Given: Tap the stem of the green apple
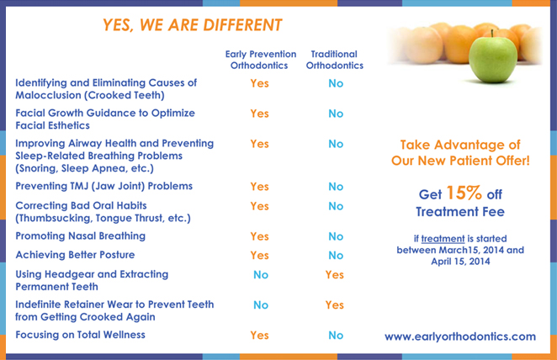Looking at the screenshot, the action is [492, 34].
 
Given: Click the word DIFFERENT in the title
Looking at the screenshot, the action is [242, 25].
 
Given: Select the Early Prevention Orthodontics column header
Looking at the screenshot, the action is [260, 60].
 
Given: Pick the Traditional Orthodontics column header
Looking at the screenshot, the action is [335, 60].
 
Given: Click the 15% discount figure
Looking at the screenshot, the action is [464, 193].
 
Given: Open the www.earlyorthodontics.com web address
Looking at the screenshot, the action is [460, 336].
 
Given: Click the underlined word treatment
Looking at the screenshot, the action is [443, 239].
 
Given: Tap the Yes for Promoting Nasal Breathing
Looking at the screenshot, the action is [259, 236].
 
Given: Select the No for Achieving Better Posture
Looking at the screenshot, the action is [336, 255].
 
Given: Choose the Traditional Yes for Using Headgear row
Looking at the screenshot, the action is [335, 275].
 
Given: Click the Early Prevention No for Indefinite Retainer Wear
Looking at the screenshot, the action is [261, 305].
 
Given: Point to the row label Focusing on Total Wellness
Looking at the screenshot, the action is [80, 335].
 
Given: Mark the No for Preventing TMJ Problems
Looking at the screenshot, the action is [336, 187].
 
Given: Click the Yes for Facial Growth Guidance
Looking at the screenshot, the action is [259, 114].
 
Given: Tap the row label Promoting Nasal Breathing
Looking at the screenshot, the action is [80, 236].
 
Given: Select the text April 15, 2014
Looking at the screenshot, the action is [460, 262].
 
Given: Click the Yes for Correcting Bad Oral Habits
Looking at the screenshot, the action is [259, 206].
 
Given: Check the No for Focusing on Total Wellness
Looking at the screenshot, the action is [336, 335].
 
